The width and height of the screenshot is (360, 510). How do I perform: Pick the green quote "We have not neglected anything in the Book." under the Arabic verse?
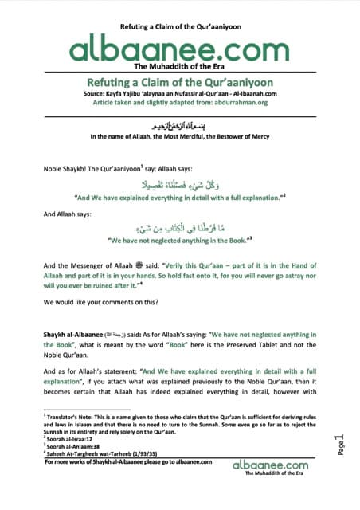point(180,239)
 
